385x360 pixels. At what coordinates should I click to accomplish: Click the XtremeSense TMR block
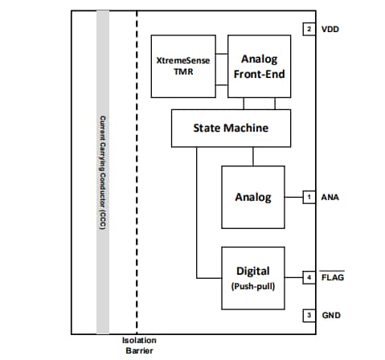[184, 64]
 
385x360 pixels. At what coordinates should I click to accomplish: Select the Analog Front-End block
[256, 64]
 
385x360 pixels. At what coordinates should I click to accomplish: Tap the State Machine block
[230, 128]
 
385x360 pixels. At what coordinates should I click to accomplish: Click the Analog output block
[252, 197]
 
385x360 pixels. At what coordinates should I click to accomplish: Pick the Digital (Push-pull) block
[252, 276]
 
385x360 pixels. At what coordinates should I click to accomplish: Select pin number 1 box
[309, 196]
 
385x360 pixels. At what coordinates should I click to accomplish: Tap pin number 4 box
[309, 277]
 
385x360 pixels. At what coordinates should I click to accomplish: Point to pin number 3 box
[309, 315]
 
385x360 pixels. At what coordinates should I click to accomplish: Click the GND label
[331, 315]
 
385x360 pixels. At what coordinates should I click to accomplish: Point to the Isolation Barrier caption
[139, 346]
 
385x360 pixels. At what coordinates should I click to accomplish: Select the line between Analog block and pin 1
[293, 196]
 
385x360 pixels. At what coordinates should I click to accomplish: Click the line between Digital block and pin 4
[293, 277]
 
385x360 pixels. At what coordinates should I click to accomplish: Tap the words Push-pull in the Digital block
[253, 286]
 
